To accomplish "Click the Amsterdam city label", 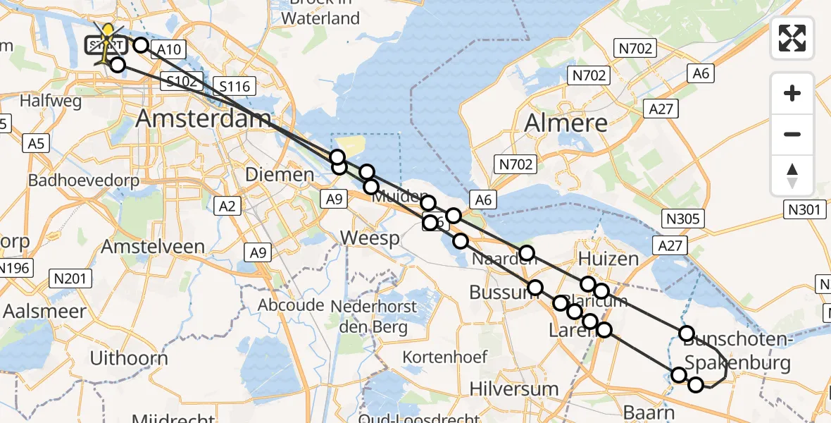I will point(202,118).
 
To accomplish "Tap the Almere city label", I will point(566,123).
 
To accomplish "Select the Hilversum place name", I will point(513,388).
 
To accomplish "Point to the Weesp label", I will point(369,238).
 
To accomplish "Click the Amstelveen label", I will point(153,247).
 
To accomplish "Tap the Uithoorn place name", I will point(129,358).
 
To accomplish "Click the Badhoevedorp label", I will point(83,180).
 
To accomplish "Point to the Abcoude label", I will point(291,305).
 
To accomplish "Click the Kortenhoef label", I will point(444,357).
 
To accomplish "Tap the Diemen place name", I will point(280,175).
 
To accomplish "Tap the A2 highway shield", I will point(227,205).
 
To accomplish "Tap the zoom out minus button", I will point(792,134).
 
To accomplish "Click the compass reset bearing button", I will point(792,175).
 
